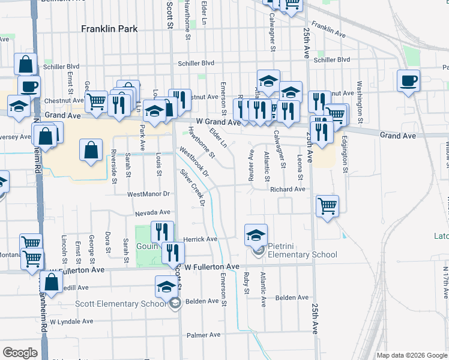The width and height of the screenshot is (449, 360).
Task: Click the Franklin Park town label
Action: [110, 29]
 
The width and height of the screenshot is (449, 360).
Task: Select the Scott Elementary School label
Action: [121, 304]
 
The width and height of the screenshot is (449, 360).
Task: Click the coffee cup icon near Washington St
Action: [408, 80]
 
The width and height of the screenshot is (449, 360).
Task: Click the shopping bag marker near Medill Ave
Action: [52, 283]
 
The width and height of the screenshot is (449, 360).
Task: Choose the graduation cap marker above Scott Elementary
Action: [167, 287]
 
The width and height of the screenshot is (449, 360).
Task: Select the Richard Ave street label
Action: [288, 189]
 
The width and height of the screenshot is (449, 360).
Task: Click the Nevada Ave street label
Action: [152, 212]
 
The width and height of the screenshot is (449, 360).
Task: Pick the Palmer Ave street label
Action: [200, 335]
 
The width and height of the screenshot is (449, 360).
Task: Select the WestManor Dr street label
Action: [149, 194]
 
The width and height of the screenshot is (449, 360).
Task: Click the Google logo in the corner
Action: [20, 353]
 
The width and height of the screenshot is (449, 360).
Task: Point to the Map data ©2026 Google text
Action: [411, 355]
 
